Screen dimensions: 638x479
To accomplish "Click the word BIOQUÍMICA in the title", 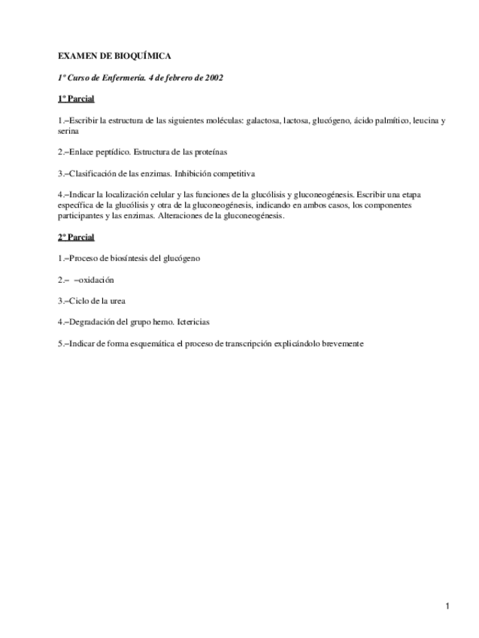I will coord(143,56).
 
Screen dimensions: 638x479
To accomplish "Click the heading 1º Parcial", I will coord(76,99).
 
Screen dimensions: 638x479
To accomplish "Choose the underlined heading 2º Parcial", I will coord(76,237).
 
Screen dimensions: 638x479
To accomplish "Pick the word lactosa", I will coord(296,120).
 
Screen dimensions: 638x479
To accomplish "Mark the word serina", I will coord(68,130).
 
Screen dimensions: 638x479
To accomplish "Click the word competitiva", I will coord(232,173).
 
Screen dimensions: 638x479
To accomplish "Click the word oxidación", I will coord(95,280).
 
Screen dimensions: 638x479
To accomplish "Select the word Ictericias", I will coord(194,322).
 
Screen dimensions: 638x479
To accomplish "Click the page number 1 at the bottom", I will coord(447,606).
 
